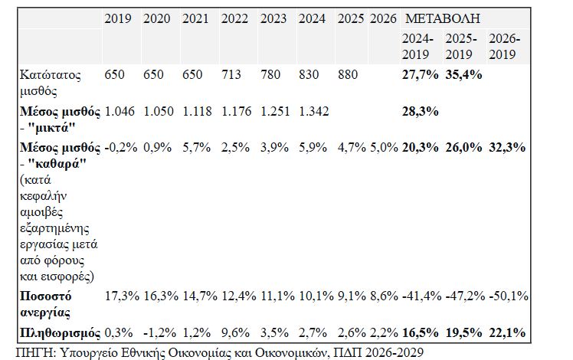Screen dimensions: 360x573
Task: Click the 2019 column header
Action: (x=117, y=18)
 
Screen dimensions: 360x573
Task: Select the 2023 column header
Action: (x=273, y=18)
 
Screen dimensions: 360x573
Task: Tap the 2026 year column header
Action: (x=381, y=18)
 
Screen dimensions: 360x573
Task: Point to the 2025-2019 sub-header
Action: (x=461, y=46)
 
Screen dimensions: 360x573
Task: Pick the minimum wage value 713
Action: (x=234, y=74)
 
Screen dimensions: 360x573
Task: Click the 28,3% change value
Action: (x=420, y=112)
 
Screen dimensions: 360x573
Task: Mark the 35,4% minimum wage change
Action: (x=463, y=74)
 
